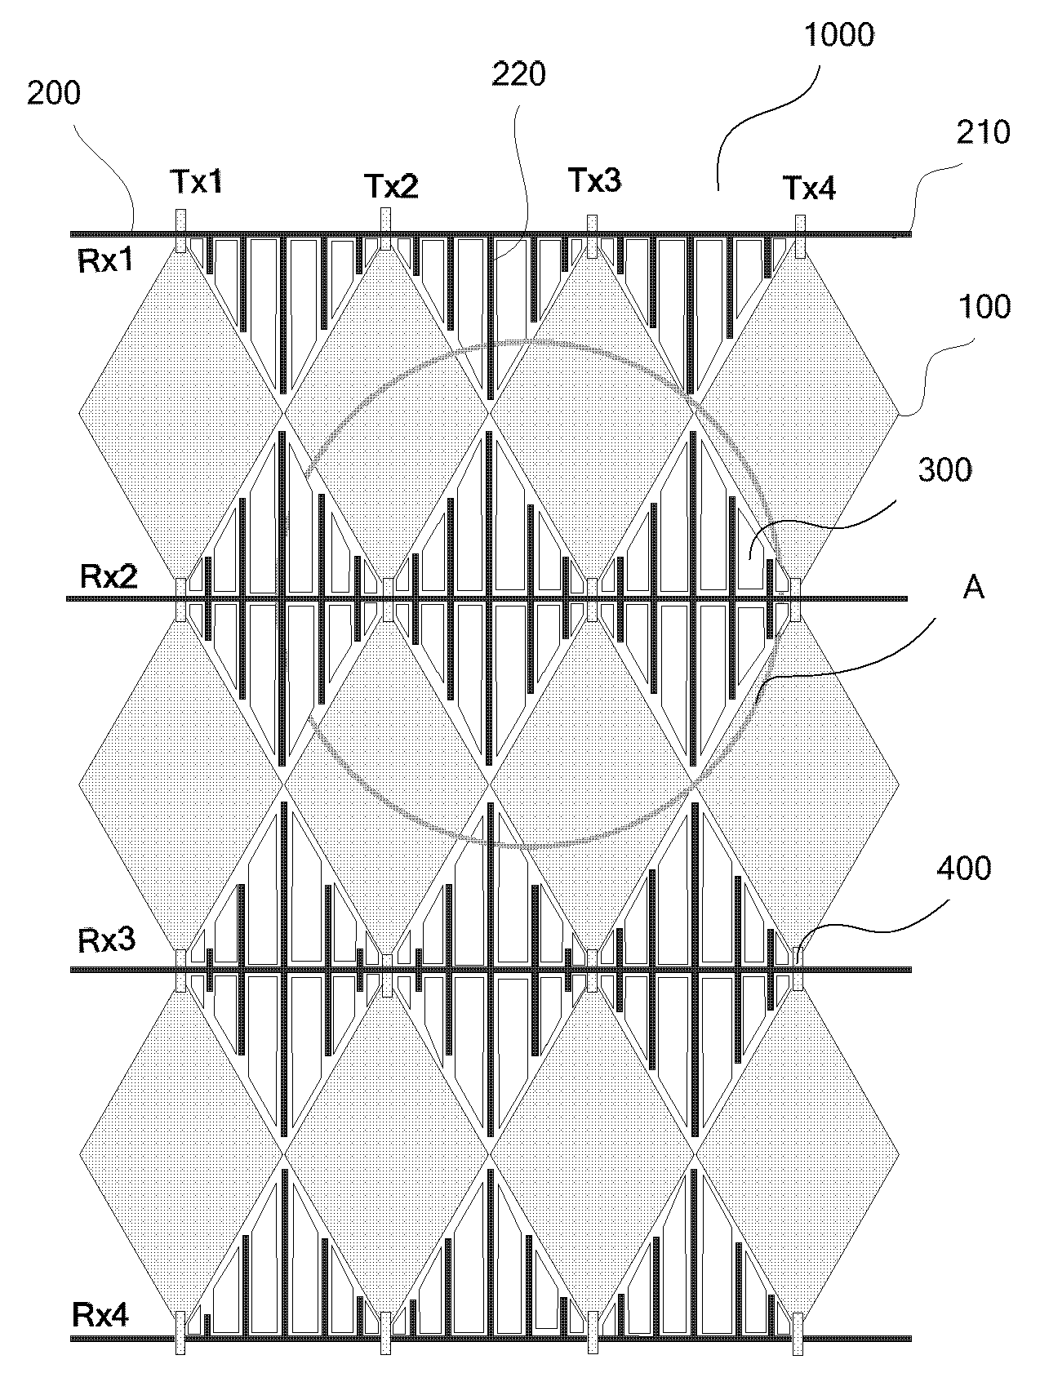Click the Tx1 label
pos(196,182)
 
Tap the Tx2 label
pos(391,187)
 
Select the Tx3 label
pos(593,180)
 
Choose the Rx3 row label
pos(106,940)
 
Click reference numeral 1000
pos(839,35)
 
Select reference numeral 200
pos(54,93)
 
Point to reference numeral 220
pos(519,74)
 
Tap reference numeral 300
pos(945,470)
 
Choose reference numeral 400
pos(964,868)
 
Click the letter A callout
pos(974,587)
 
